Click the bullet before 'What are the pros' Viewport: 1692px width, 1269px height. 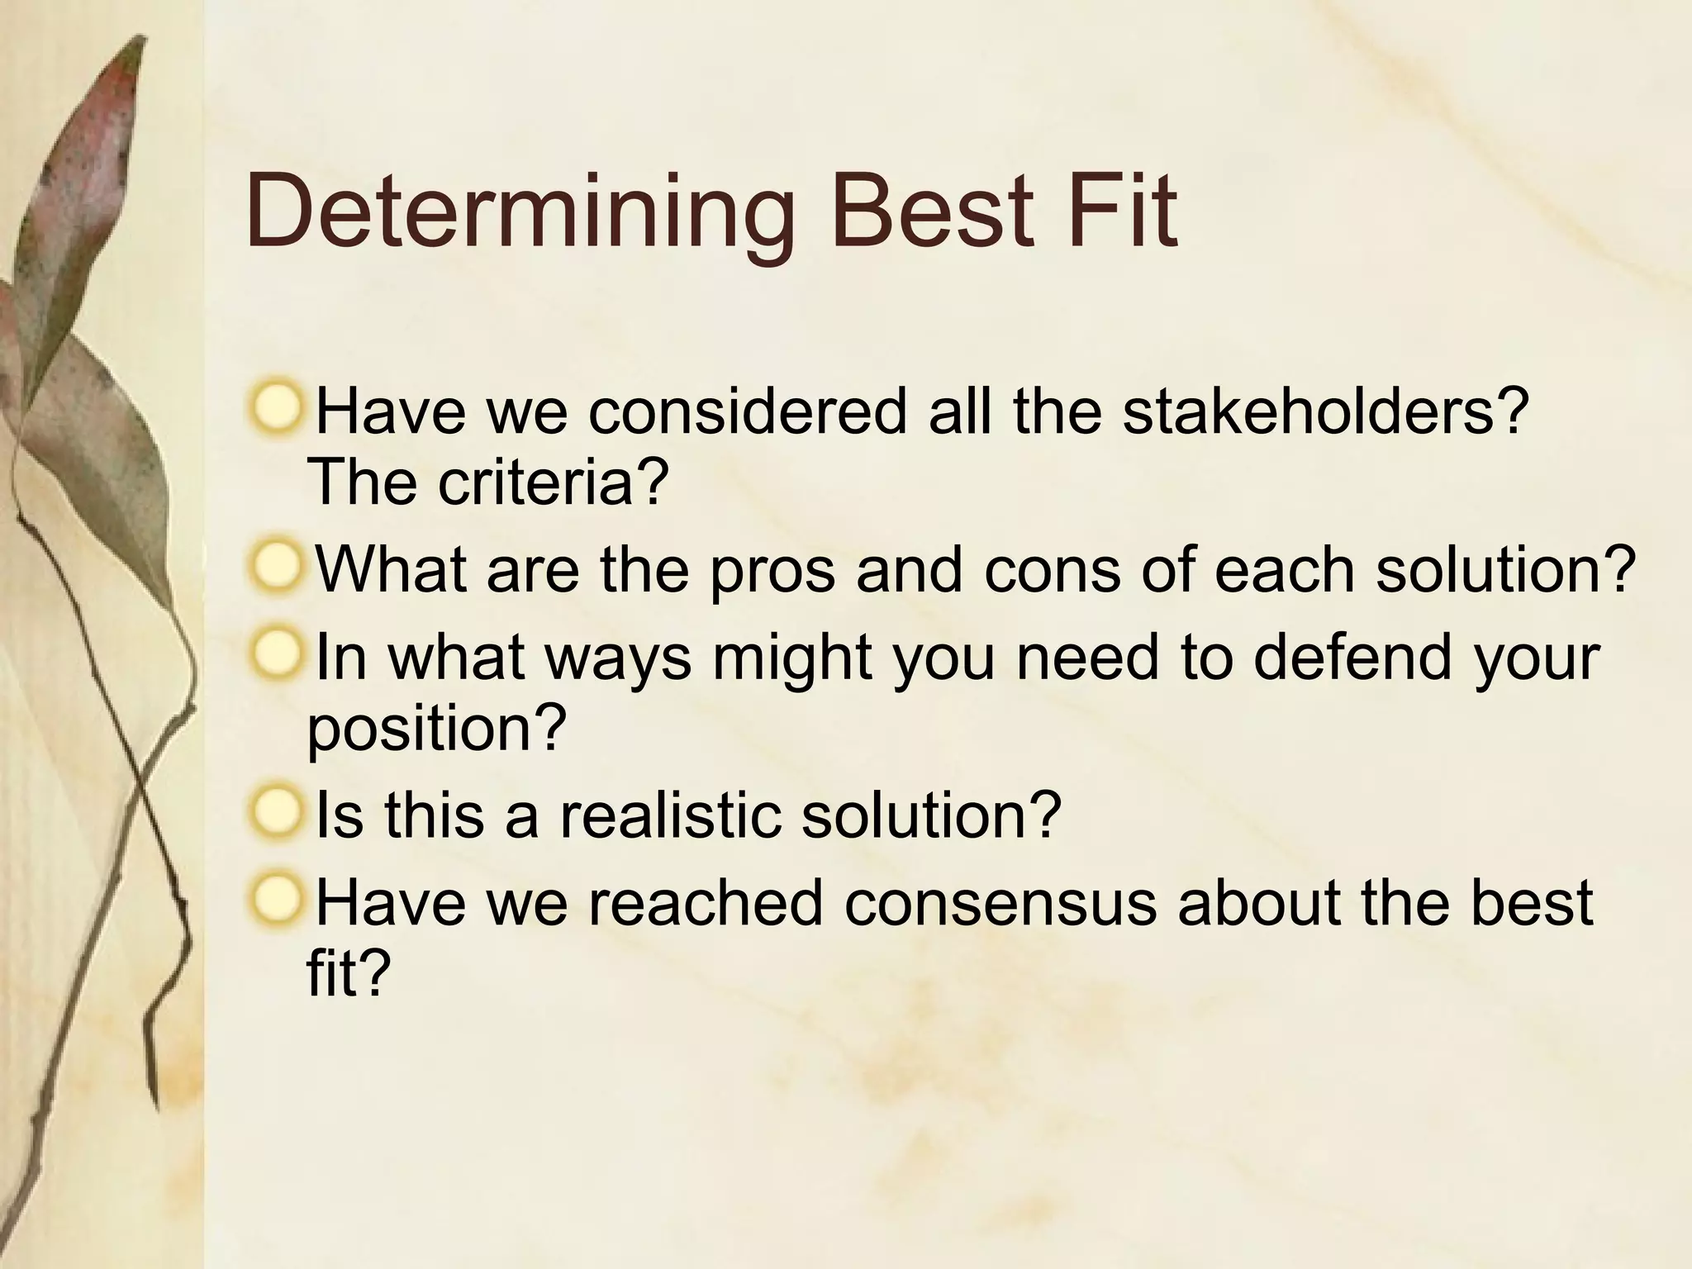274,568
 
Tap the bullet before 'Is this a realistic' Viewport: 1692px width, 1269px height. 274,811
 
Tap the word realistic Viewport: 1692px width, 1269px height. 669,814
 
